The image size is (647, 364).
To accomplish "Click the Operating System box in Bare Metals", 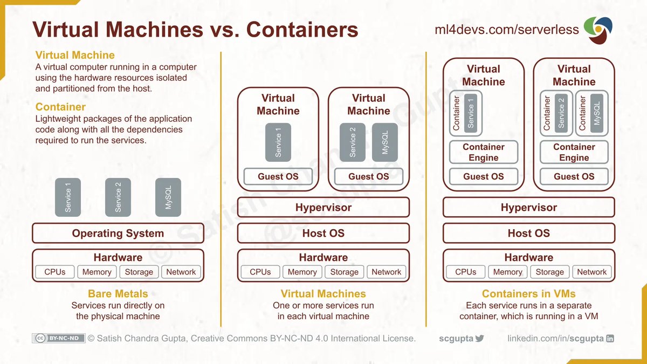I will coord(118,233).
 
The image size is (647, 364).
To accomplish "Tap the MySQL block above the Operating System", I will coord(168,197).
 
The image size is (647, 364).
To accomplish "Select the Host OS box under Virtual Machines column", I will coord(323,233).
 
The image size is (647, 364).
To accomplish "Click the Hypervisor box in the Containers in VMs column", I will coord(528,208).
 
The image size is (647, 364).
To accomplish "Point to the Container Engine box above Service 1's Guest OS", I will coord(483,152).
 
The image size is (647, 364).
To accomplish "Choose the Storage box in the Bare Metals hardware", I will coord(139,272).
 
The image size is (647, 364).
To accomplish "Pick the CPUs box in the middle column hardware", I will coord(260,272).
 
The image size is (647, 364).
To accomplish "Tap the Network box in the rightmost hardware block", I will coord(592,272).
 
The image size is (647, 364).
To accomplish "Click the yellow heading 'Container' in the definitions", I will coord(60,107).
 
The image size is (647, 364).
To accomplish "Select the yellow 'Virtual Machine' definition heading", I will coord(75,55).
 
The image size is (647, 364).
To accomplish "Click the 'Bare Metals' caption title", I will coord(118,294).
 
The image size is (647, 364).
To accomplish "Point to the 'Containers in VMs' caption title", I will coord(528,294).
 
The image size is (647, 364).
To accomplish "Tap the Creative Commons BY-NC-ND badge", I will coord(58,338).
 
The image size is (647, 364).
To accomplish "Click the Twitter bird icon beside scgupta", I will coord(480,339).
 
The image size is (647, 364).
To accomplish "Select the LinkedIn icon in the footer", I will coord(610,339).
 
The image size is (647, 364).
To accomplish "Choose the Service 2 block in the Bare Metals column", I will coord(118,197).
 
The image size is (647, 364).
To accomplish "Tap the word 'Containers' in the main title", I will coord(302,30).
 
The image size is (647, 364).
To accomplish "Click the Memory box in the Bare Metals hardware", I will coord(97,272).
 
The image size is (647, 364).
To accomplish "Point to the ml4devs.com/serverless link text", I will coord(507,29).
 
